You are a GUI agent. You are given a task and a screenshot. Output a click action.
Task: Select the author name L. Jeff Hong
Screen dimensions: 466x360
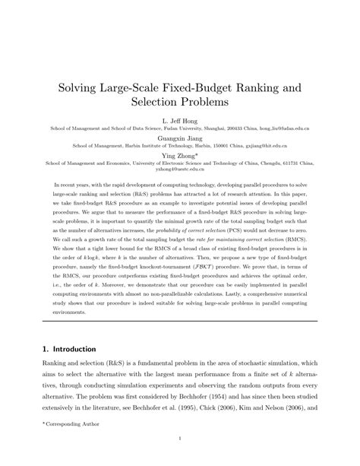pos(179,120)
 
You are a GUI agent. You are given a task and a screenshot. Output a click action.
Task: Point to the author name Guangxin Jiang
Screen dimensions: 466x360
pos(179,138)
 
